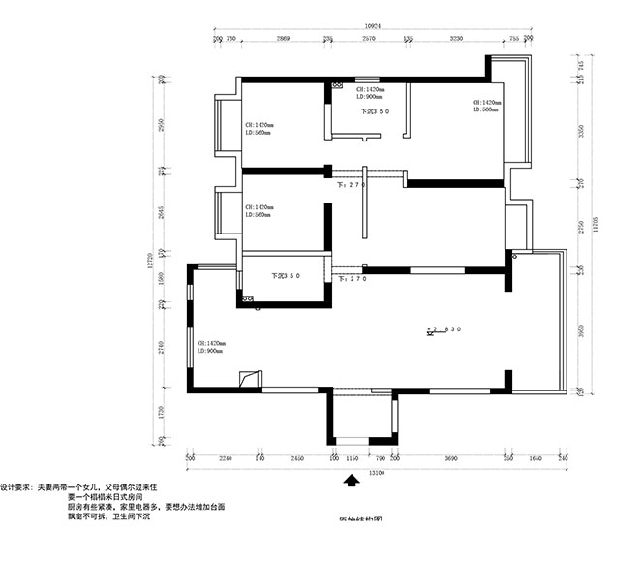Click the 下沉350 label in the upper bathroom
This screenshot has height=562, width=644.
375,111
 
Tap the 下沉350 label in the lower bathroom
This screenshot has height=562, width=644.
286,275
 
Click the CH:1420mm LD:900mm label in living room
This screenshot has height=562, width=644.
211,347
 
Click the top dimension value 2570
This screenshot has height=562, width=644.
369,38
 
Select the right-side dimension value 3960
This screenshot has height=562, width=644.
580,330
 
